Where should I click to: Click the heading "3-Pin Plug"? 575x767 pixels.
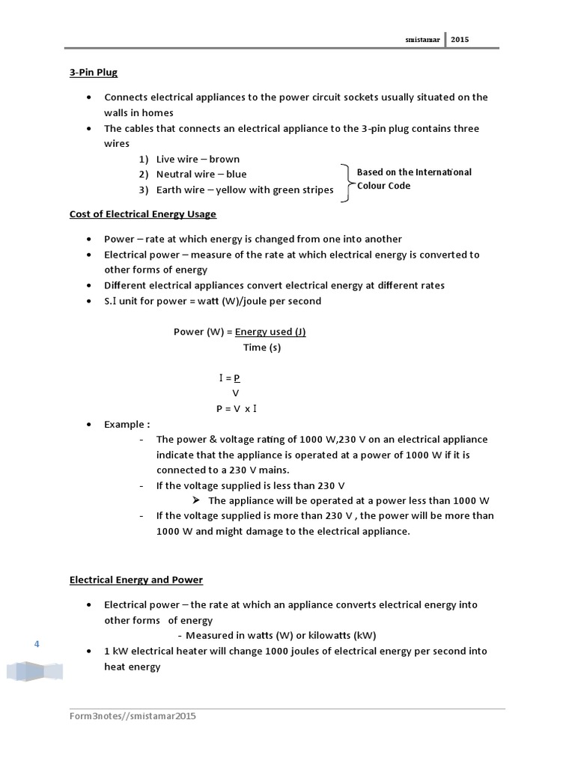[94, 73]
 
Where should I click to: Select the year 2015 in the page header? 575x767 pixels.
[460, 40]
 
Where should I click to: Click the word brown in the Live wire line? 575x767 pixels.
[225, 160]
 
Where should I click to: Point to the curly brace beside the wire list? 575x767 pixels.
[347, 183]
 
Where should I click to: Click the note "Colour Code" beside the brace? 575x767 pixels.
[383, 186]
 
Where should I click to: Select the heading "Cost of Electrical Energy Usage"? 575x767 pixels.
[143, 214]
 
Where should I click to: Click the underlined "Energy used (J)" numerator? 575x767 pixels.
[270, 332]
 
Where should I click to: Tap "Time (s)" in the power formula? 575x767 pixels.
[262, 348]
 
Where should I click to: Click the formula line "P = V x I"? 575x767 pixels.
[237, 409]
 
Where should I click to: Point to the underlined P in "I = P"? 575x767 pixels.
[237, 378]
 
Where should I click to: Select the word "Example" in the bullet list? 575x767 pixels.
[121, 425]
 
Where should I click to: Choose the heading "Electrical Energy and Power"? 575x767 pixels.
[136, 580]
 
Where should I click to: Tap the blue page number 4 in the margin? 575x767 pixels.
[36, 644]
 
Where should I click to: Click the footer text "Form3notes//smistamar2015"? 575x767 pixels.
[133, 716]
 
